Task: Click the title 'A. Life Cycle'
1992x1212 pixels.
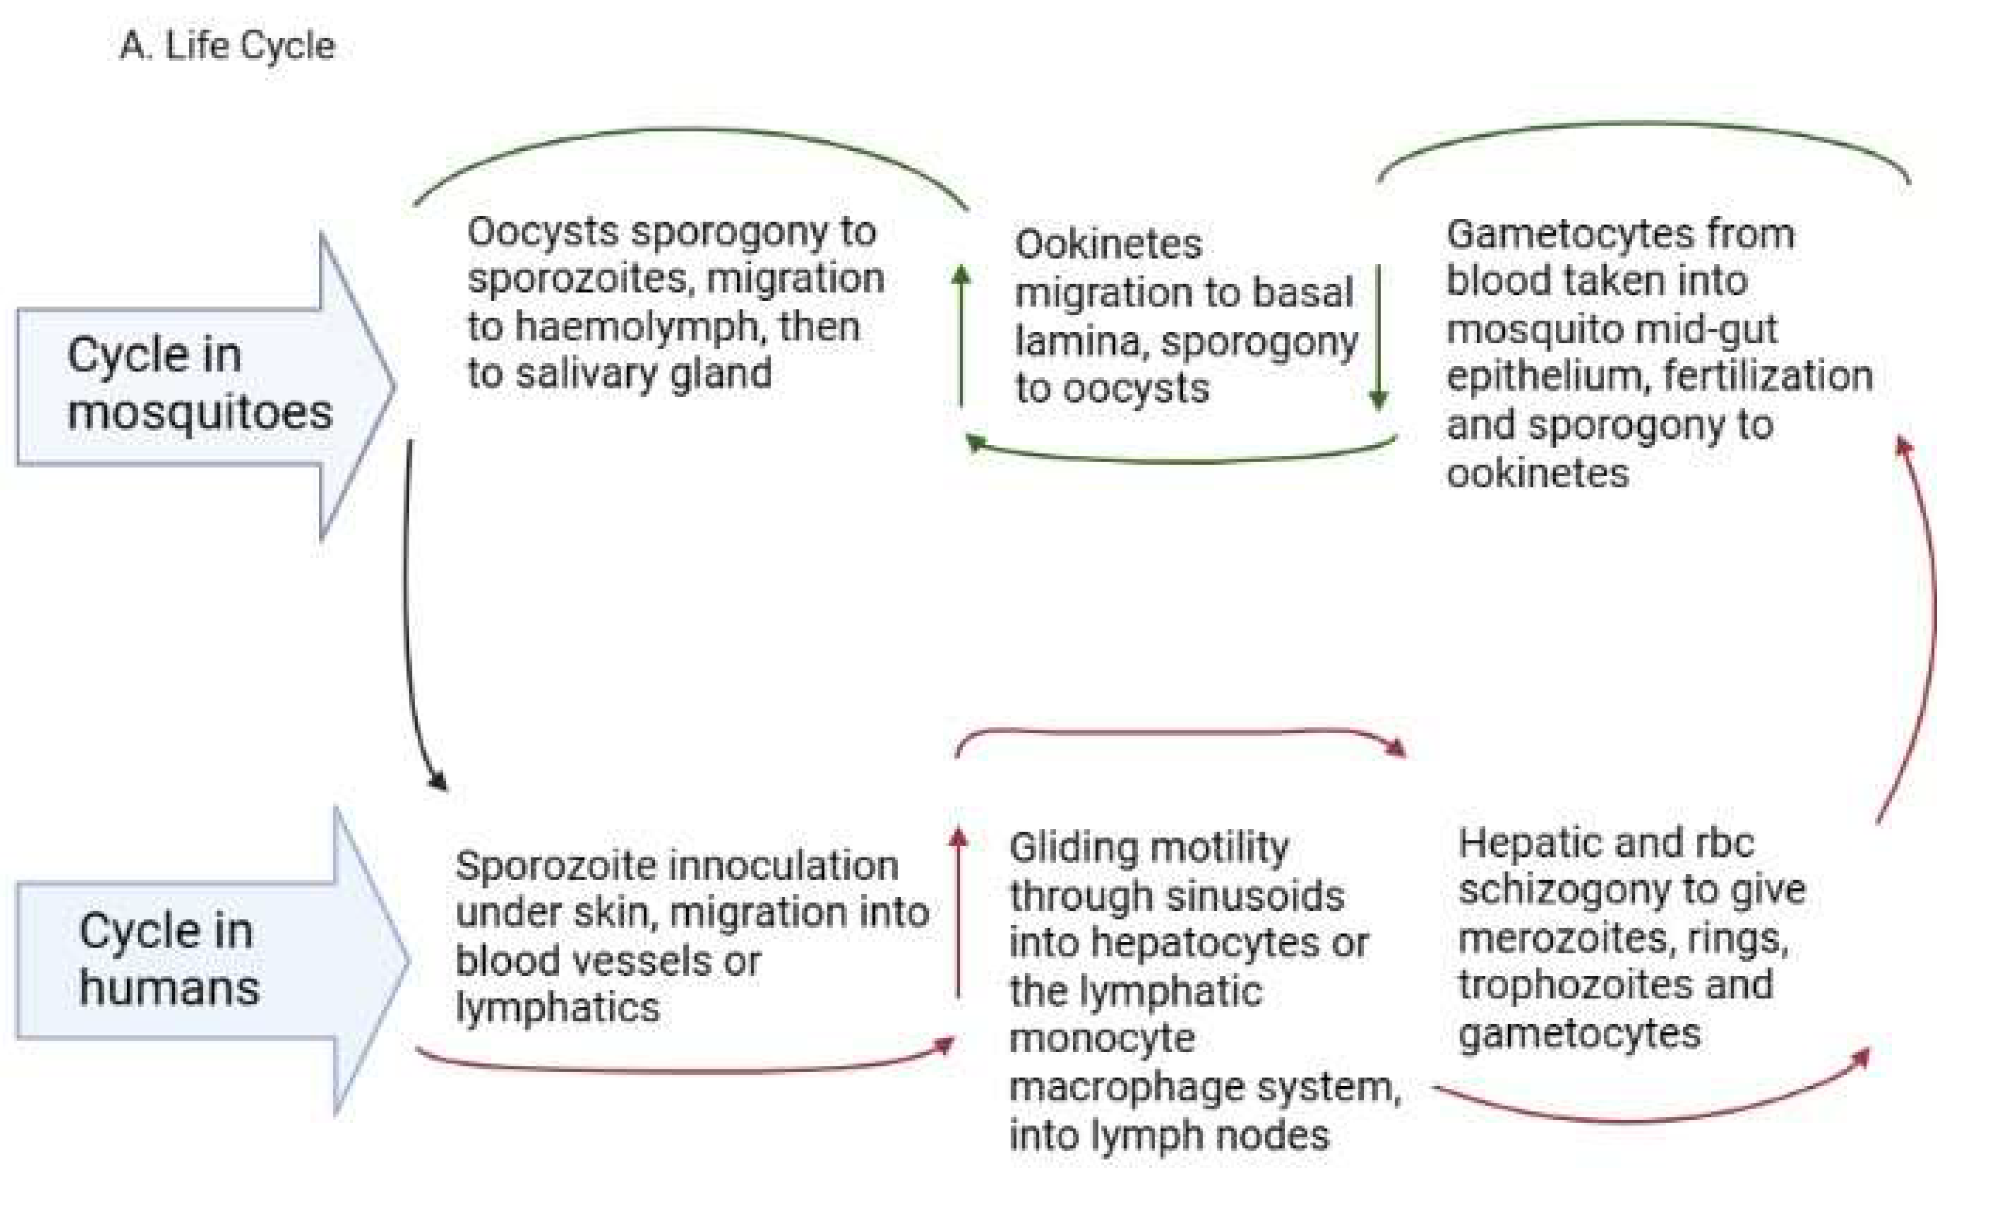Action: point(227,46)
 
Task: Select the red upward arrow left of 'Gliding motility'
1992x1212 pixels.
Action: point(958,913)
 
